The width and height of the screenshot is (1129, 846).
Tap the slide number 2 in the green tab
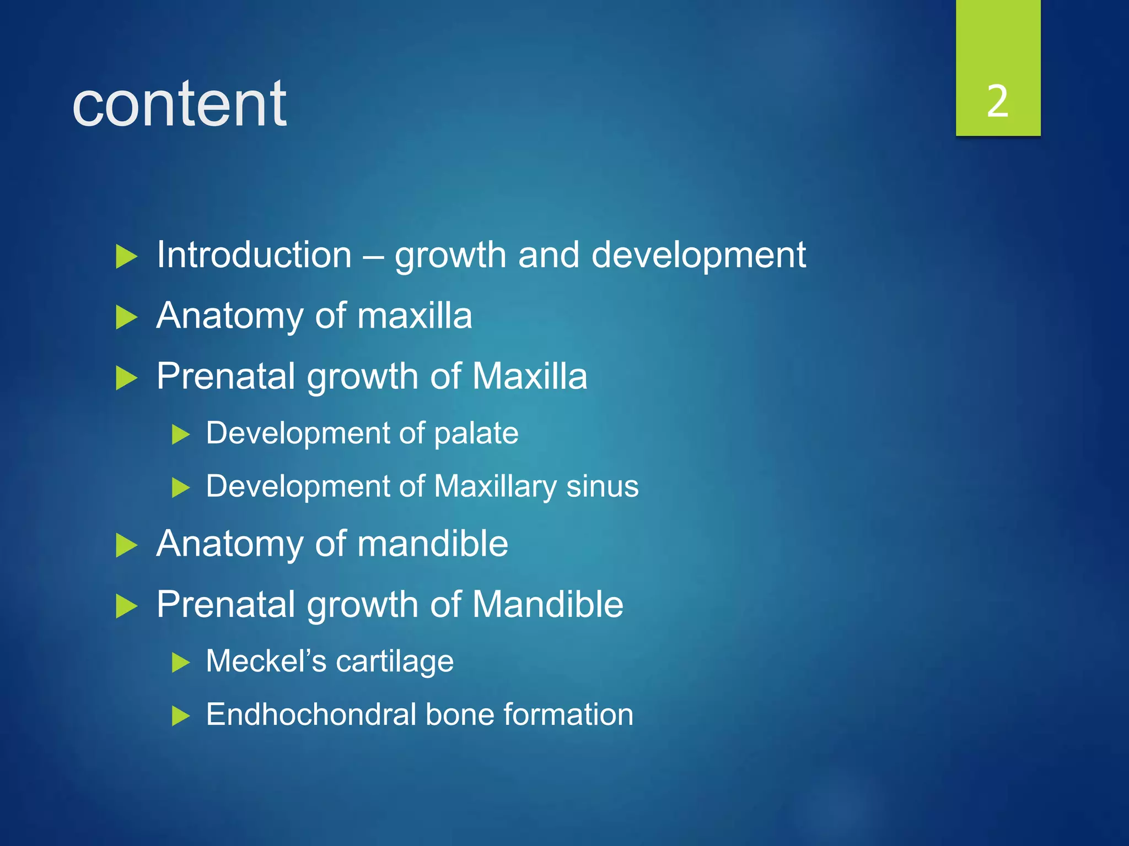point(997,102)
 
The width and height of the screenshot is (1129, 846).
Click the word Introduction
point(254,255)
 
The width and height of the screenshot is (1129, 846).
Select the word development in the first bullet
point(698,256)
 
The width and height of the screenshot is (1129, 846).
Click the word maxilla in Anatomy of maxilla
point(415,316)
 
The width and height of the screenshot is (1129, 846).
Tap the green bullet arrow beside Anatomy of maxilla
point(126,318)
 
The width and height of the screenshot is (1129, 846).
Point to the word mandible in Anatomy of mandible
point(432,544)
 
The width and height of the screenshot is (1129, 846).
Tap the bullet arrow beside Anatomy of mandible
point(126,546)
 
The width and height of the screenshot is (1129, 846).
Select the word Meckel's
point(266,660)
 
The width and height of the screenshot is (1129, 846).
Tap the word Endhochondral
point(311,714)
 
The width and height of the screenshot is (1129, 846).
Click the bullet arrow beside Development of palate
point(180,435)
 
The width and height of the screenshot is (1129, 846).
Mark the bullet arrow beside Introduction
point(126,257)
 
